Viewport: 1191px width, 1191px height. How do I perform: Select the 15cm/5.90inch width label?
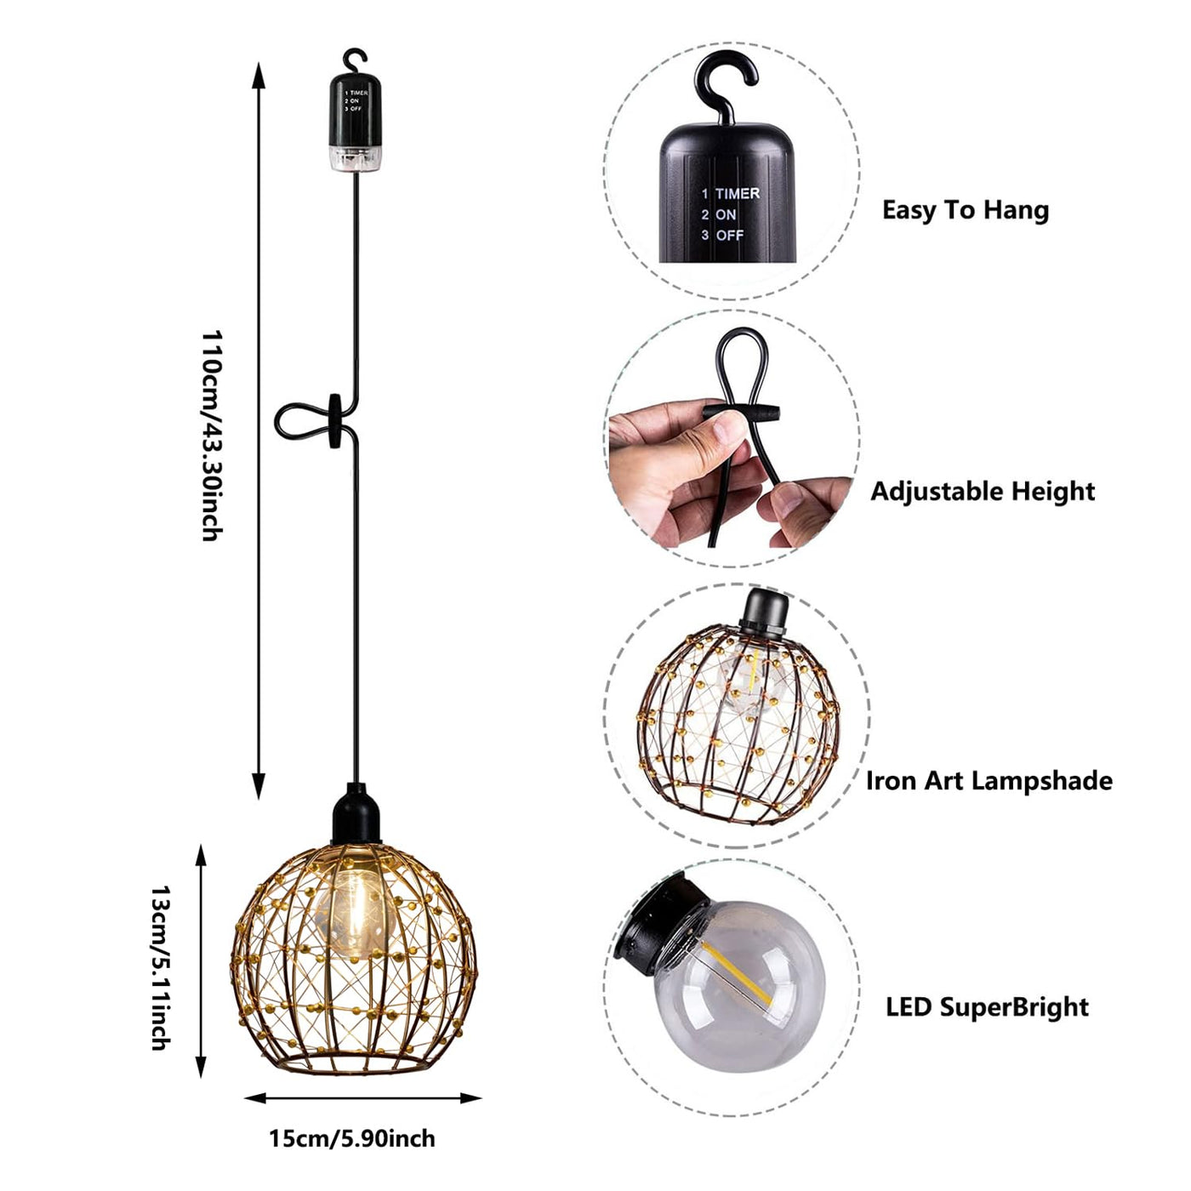352,1138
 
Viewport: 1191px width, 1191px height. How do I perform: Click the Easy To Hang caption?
965,210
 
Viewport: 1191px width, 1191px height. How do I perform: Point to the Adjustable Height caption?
983,491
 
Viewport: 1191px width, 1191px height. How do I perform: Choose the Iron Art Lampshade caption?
989,780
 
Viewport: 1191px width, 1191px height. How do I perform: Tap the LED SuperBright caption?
987,1007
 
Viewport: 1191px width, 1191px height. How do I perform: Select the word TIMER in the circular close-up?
738,194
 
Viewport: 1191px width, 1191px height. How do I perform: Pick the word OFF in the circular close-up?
729,235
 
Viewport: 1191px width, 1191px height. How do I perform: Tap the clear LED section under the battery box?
355,159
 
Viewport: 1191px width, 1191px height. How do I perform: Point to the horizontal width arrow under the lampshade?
363,1098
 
